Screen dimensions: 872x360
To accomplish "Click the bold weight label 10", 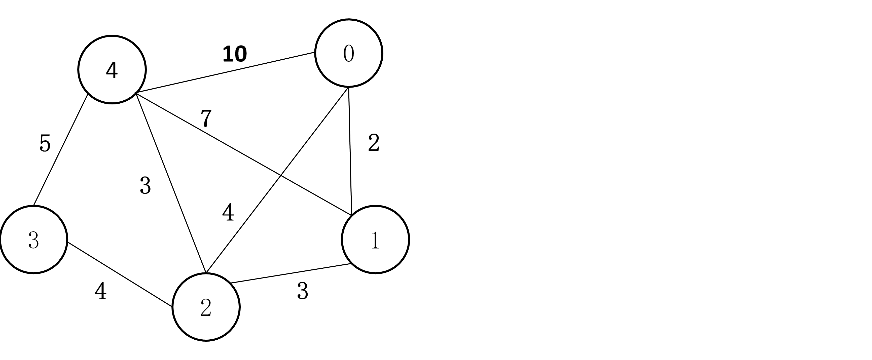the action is tap(235, 54).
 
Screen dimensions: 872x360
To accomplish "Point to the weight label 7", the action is tap(206, 118).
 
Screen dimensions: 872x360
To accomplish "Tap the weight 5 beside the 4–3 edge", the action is tap(45, 143).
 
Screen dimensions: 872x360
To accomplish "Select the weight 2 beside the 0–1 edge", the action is tap(374, 143).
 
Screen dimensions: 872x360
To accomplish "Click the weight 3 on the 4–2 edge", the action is tap(145, 186).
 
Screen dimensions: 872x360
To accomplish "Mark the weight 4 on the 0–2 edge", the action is tap(228, 213).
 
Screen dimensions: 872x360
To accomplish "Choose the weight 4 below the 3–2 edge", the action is tap(100, 291).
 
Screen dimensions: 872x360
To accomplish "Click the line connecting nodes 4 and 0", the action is tap(225, 72).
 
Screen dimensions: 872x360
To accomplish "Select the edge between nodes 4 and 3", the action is tap(61, 149).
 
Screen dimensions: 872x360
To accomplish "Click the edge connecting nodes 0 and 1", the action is tap(350, 150).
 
